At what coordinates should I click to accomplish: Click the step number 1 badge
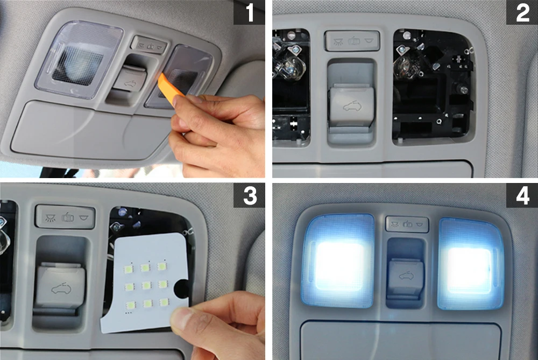point(249,12)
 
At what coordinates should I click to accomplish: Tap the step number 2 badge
point(522,12)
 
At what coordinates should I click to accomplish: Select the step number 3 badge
point(249,195)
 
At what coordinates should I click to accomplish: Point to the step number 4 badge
point(522,195)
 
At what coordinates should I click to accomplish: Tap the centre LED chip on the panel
point(146,285)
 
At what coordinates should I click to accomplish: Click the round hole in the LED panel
point(181,288)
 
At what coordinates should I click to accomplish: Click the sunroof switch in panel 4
point(406,276)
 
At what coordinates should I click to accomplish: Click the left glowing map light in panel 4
point(338,262)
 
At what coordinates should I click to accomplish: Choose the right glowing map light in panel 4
point(470,264)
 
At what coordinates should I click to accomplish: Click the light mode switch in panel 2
point(352,41)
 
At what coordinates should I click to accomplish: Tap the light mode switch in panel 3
point(65,217)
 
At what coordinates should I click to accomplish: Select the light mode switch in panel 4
point(407,224)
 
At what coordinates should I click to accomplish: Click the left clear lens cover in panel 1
point(79,60)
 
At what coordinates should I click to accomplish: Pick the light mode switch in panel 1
point(149,45)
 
